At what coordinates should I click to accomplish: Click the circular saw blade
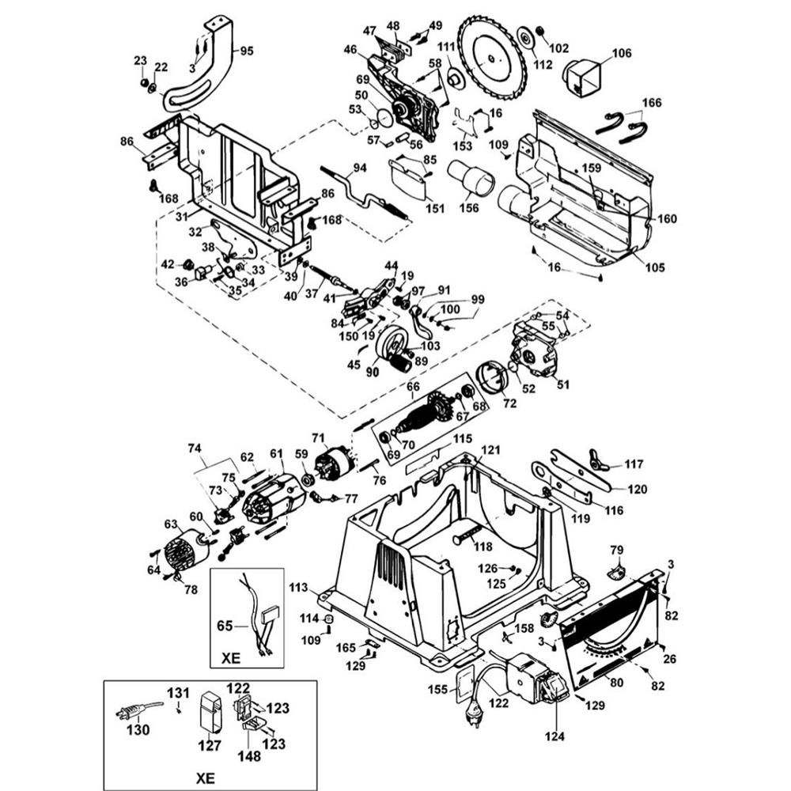[x=491, y=57]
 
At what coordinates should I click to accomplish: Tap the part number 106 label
[x=622, y=54]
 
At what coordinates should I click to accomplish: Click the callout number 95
[x=247, y=51]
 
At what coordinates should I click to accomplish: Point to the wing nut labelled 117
[x=598, y=460]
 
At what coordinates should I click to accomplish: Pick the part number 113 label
[x=299, y=588]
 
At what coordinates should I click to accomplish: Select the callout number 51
[x=563, y=385]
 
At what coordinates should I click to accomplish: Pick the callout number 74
[x=195, y=447]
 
